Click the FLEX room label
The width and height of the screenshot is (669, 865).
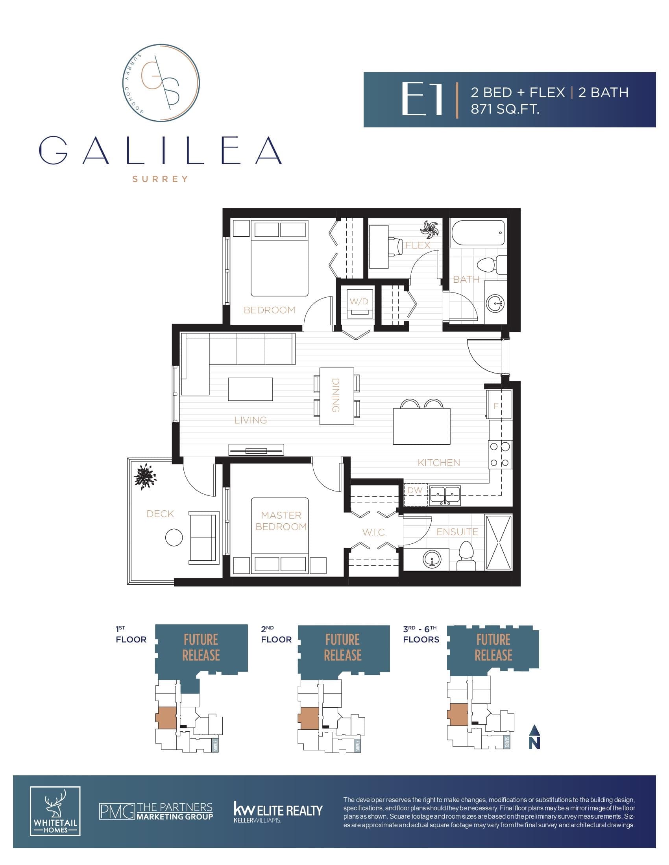tap(418, 245)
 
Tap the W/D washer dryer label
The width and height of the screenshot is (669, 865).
tap(359, 302)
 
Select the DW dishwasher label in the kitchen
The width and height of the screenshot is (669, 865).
tap(415, 490)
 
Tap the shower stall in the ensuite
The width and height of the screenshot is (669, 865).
tap(499, 543)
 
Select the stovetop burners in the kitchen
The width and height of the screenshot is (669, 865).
tap(500, 455)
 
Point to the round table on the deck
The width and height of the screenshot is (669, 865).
tap(174, 538)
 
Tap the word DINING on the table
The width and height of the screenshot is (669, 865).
tap(336, 396)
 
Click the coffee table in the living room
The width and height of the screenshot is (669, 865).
tap(250, 389)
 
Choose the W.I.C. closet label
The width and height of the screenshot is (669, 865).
tap(375, 533)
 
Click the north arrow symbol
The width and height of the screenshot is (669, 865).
tap(535, 737)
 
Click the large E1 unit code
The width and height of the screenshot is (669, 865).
tap(422, 99)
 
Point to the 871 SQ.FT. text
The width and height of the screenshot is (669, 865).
tap(505, 109)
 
